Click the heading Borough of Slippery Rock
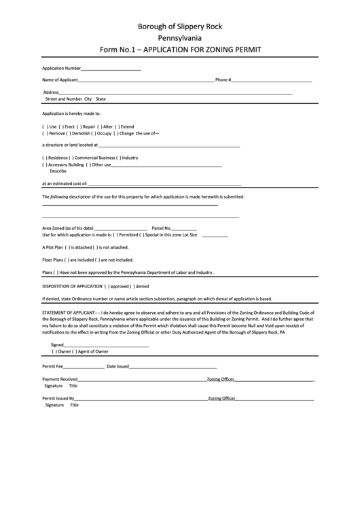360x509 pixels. (179, 27)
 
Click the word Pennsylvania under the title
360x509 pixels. (179, 38)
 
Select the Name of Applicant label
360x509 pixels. (60, 80)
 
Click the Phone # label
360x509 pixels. (223, 80)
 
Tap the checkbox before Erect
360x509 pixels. (61, 127)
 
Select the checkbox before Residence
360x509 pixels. (44, 158)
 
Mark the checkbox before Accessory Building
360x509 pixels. (44, 164)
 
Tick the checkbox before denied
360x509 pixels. (133, 286)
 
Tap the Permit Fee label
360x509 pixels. (54, 366)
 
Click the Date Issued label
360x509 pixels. (118, 366)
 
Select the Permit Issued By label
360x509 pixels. (58, 398)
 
